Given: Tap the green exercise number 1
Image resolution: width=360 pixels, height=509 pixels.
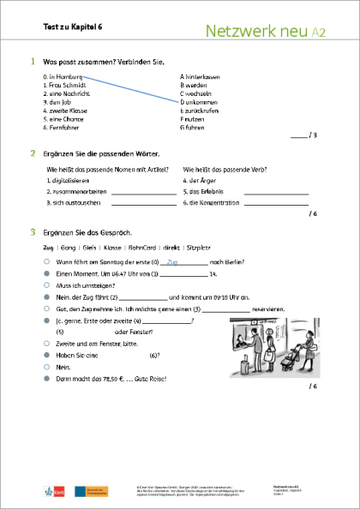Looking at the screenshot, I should [33, 63].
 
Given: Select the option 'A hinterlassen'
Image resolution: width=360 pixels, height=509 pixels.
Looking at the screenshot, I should [204, 76].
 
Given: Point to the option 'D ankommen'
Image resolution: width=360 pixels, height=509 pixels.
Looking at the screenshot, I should [200, 102].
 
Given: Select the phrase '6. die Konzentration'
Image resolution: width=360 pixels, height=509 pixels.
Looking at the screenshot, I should [211, 202].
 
